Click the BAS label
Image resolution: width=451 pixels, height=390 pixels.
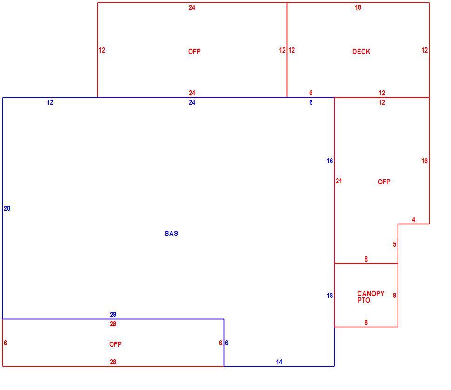[x=171, y=234]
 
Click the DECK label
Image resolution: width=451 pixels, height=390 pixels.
[x=361, y=52]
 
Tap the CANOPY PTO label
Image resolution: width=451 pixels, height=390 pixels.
[x=371, y=297]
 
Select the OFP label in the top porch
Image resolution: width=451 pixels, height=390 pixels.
[x=194, y=52]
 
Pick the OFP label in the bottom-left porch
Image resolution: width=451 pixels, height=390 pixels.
[x=115, y=344]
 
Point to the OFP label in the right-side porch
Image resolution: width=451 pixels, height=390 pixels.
[x=384, y=182]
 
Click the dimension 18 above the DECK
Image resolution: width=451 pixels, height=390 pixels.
[x=358, y=7]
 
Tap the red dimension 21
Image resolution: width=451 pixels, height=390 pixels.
[x=339, y=181]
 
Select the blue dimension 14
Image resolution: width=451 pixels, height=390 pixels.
[x=279, y=362]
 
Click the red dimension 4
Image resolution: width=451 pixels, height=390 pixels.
[x=414, y=220]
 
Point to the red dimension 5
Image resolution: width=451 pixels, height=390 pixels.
[x=395, y=244]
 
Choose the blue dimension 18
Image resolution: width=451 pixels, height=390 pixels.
[x=330, y=296]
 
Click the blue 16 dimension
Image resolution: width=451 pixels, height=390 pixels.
[x=330, y=161]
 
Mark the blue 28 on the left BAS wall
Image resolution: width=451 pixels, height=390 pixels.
[x=7, y=208]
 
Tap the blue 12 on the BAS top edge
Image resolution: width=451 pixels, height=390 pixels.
[x=50, y=102]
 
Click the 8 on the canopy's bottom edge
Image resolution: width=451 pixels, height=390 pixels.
[x=366, y=323]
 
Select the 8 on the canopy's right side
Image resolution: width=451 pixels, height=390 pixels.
[x=395, y=296]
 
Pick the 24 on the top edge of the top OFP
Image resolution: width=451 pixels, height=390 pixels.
[x=192, y=7]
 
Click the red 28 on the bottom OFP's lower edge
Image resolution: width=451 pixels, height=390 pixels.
[x=113, y=362]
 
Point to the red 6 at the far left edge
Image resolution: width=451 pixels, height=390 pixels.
[x=5, y=343]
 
